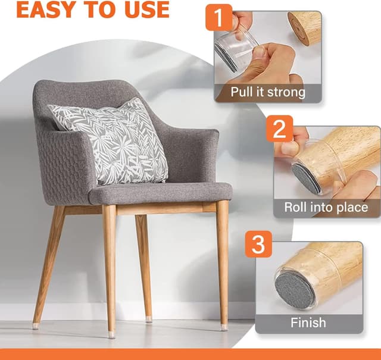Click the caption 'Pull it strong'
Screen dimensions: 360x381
coord(268,92)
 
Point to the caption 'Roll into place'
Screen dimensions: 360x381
coord(325,208)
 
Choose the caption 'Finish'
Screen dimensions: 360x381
coord(308,323)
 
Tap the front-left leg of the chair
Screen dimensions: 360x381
coord(110,268)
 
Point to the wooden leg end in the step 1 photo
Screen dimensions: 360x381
coord(305,27)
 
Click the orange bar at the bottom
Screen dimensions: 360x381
coord(190,354)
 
